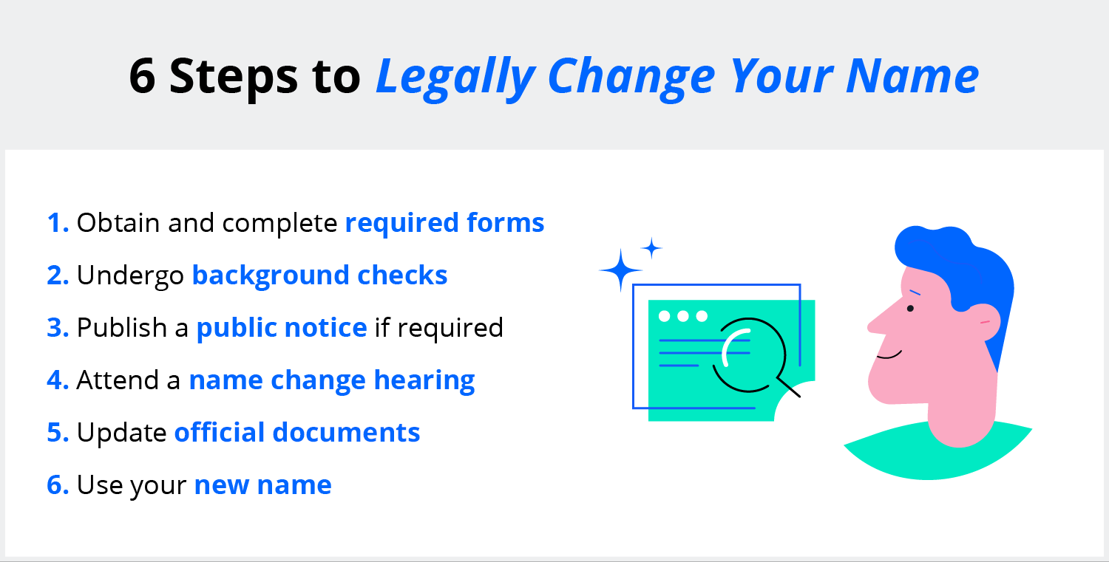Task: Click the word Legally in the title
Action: point(456,77)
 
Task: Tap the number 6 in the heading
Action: point(142,75)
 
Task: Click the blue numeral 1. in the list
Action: point(58,222)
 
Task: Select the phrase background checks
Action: point(320,275)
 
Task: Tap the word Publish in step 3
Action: point(122,327)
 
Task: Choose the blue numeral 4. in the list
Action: point(58,380)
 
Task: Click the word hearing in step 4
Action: point(424,381)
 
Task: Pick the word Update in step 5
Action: point(121,433)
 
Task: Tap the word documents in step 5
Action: point(346,432)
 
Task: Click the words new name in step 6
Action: point(263,485)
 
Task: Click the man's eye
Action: point(910,309)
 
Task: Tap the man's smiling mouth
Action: point(889,354)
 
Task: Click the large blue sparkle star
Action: point(620,270)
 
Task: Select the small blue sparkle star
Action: point(651,248)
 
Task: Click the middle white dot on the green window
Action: point(683,316)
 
